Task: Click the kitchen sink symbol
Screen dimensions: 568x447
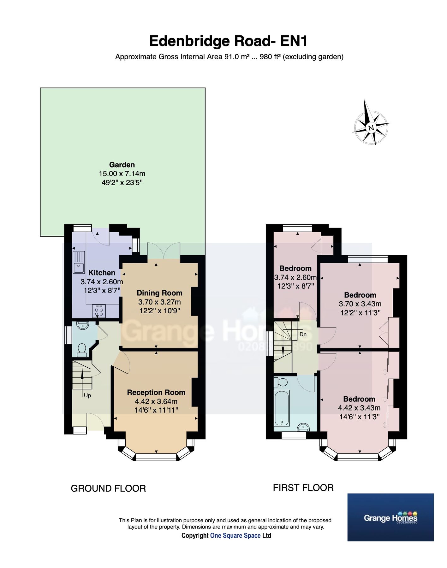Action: tap(79, 262)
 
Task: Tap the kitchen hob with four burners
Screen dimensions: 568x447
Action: tap(99, 311)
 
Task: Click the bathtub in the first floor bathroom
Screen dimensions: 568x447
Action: tap(281, 407)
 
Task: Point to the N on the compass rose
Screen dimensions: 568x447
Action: tap(371, 127)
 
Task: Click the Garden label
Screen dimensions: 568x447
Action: tap(122, 165)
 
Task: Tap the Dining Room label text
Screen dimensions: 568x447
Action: tap(159, 293)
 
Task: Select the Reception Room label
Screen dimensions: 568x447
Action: tap(156, 392)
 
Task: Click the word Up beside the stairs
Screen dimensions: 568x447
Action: tap(87, 395)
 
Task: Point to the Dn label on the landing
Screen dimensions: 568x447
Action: tap(303, 334)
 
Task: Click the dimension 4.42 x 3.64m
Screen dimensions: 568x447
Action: tap(156, 401)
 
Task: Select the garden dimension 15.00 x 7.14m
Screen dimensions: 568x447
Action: tap(122, 174)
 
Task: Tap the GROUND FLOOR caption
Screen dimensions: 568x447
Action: tap(108, 488)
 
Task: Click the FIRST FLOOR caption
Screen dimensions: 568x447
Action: tap(303, 488)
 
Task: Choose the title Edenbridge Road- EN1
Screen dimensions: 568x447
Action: tap(228, 41)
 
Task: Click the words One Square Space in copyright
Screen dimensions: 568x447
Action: tap(235, 535)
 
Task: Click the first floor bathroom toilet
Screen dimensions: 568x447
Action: tap(281, 382)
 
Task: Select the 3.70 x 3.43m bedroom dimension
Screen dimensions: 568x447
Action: tap(360, 304)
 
